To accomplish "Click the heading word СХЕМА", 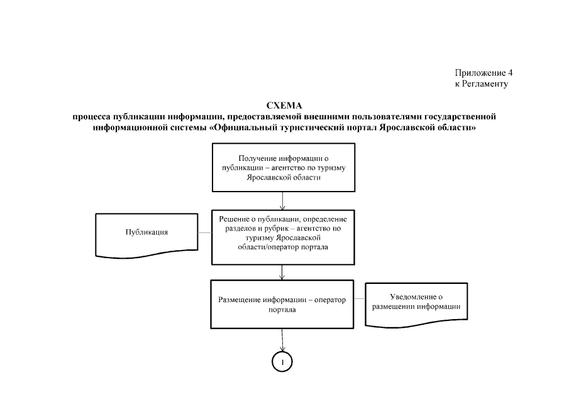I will click(285, 105).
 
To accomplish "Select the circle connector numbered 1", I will click(283, 362).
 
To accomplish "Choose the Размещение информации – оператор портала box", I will click(282, 305).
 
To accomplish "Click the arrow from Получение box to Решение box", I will click(283, 200).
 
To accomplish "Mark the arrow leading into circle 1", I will click(283, 340).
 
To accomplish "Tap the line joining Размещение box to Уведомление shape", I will click(360, 301).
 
